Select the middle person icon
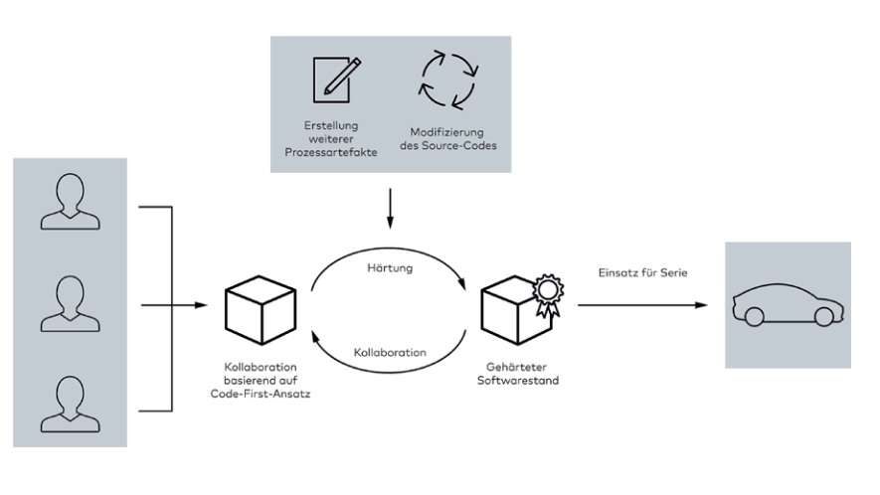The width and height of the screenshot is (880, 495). point(64,305)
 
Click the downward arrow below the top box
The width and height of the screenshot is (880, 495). point(390,214)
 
